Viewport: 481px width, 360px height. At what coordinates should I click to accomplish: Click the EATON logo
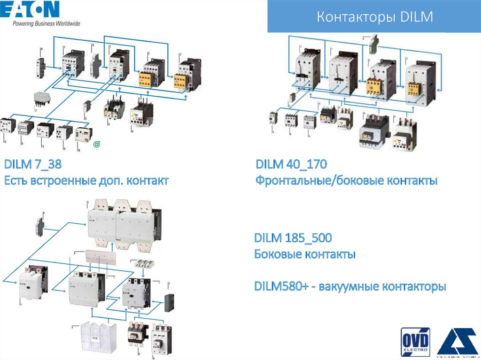coord(30,9)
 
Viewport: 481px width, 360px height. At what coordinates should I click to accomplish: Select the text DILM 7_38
coord(32,165)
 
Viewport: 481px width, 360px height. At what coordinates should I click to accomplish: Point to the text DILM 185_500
coord(293,238)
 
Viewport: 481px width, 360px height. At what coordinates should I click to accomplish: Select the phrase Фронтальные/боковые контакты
coord(346,180)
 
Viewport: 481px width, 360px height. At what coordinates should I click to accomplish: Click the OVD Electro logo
coord(415,341)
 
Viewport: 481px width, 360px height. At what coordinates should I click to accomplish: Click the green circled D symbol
coord(97,144)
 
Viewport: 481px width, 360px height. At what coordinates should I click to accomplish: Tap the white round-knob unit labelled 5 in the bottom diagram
coord(31,285)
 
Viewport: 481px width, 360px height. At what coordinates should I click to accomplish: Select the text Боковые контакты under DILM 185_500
coord(304,255)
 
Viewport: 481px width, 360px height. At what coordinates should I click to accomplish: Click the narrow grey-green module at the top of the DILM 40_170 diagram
coord(374,43)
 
